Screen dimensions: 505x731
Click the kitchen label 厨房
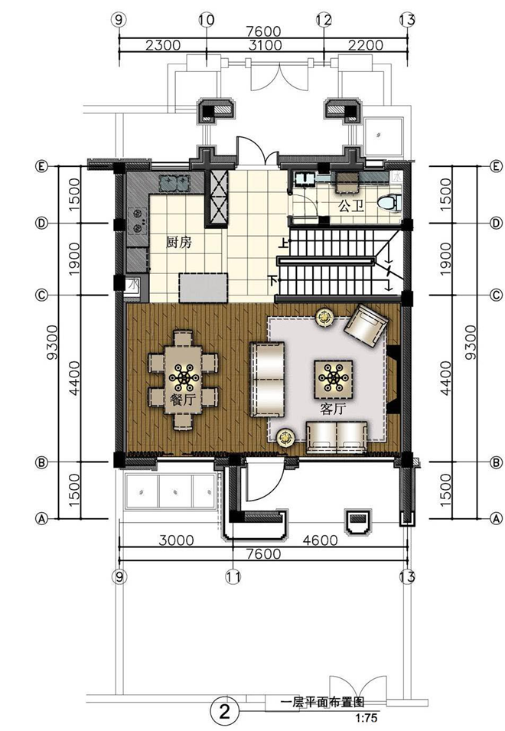tap(179, 243)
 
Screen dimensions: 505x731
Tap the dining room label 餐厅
tap(183, 400)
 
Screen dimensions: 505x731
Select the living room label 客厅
tap(333, 409)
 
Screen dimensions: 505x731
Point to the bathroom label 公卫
tap(350, 206)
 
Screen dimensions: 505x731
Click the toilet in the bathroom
tap(389, 203)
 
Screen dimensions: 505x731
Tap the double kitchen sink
tap(174, 182)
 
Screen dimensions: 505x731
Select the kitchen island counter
tap(204, 288)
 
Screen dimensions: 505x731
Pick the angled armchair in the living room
tap(366, 325)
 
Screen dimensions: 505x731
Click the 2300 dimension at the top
tap(162, 45)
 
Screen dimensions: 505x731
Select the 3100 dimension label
tap(265, 45)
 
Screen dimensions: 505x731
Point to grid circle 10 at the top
tap(206, 20)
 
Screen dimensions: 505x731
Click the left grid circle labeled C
tap(42, 295)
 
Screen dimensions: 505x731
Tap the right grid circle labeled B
tap(497, 462)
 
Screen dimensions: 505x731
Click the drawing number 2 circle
tap(225, 712)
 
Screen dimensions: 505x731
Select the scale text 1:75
tap(367, 718)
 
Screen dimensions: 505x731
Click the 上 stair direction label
tap(283, 243)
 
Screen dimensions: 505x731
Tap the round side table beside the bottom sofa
tap(285, 438)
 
